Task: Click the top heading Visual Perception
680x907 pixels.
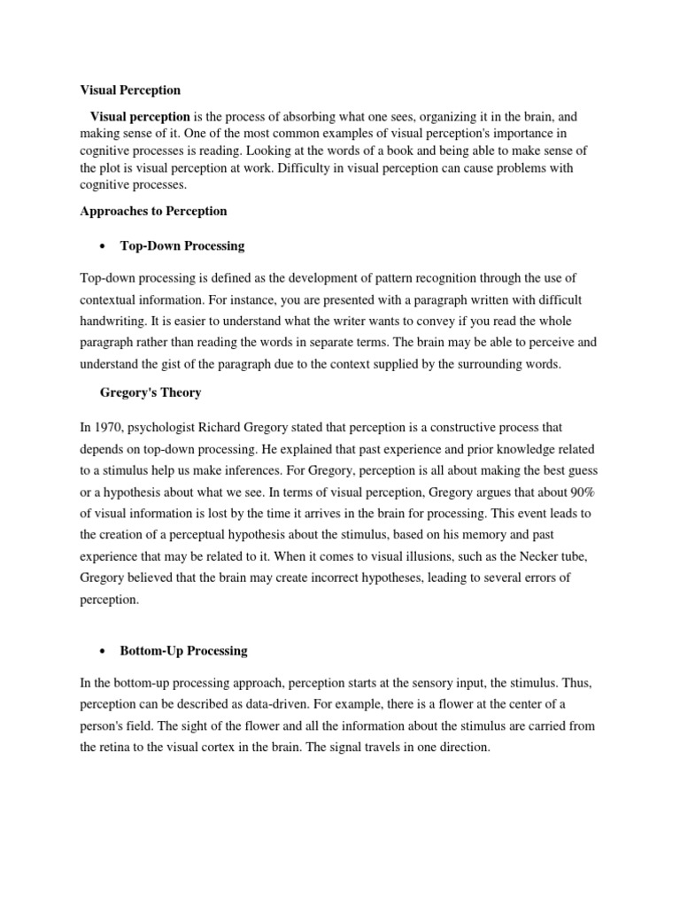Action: click(x=130, y=90)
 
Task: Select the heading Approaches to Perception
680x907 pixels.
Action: click(x=153, y=211)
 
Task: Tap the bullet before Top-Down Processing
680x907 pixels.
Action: click(x=104, y=245)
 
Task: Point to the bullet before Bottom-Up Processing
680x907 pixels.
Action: click(x=104, y=651)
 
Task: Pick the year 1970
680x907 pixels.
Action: click(x=107, y=428)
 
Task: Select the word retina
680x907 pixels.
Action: click(x=119, y=747)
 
